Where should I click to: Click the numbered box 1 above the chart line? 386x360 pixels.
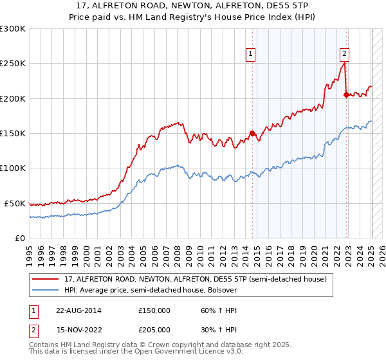(x=250, y=54)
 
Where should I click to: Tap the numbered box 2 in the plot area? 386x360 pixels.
(x=344, y=54)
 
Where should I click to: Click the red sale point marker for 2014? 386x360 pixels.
(x=252, y=134)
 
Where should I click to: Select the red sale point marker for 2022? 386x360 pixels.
(x=346, y=95)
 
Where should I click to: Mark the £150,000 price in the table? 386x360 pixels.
(x=154, y=310)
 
